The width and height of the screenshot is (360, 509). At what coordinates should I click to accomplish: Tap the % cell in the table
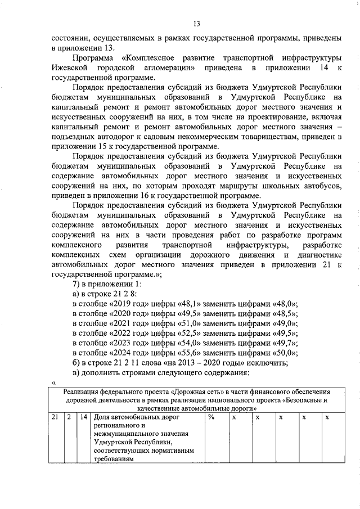click(211, 417)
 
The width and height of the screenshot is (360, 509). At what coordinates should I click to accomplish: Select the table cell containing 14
click(83, 417)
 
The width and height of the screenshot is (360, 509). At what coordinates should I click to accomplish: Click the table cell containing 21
click(55, 417)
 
